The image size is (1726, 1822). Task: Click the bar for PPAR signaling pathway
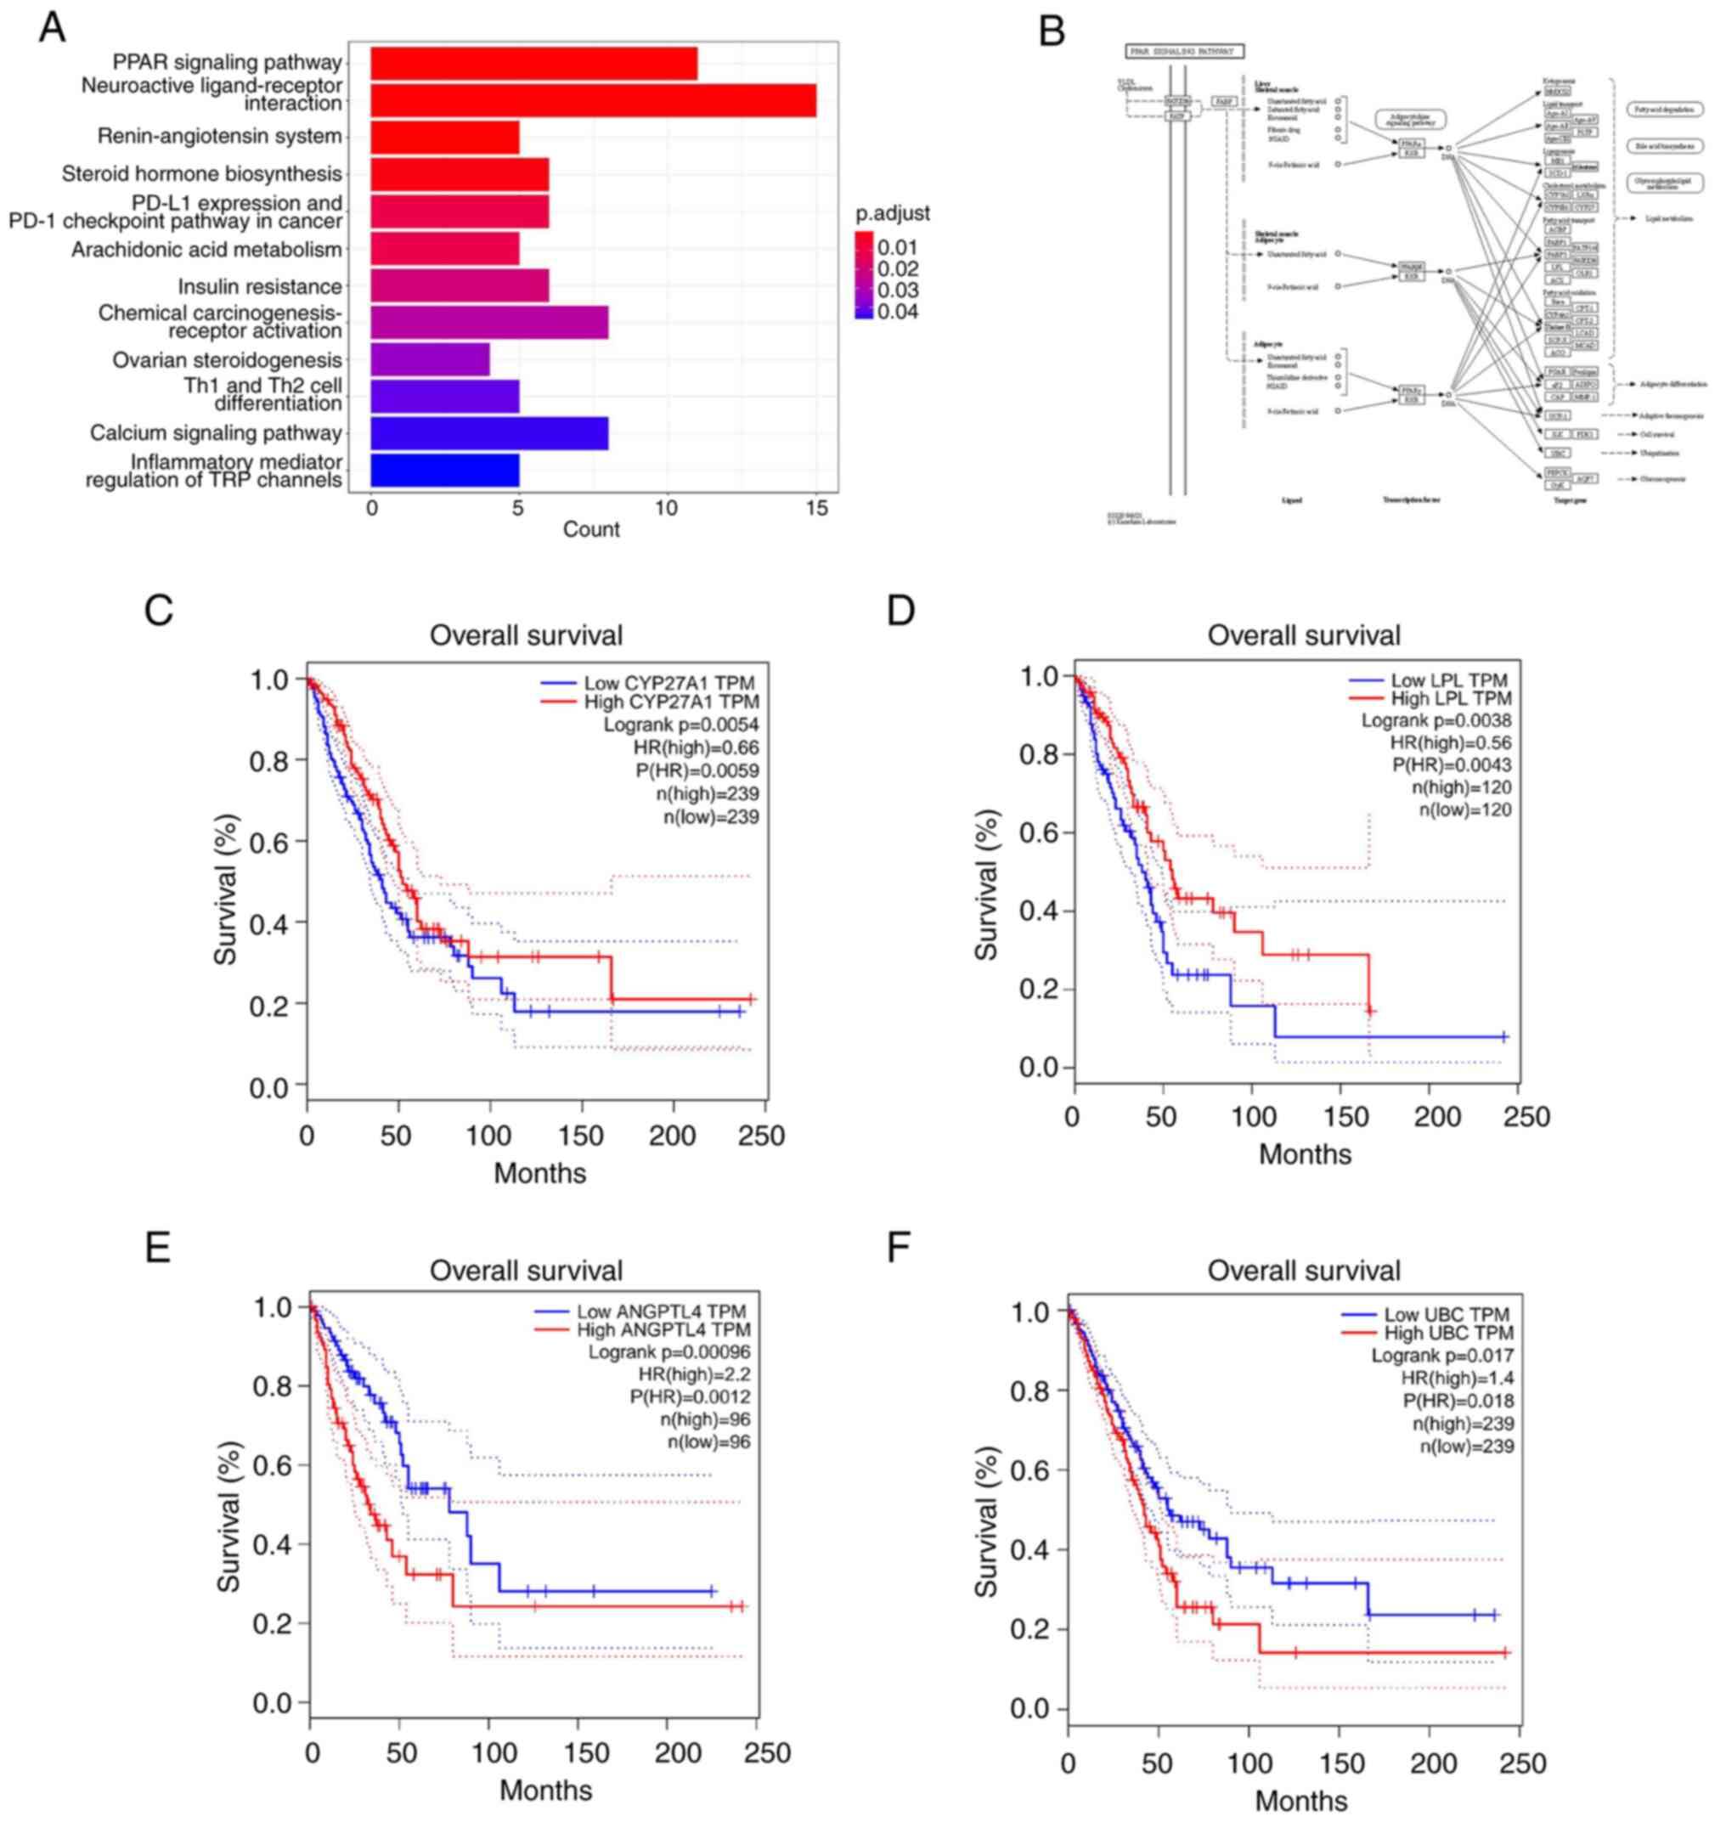pos(533,64)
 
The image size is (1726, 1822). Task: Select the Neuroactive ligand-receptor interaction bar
pos(593,100)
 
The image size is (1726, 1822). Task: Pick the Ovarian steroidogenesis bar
pos(430,358)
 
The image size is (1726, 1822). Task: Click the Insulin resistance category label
pos(259,287)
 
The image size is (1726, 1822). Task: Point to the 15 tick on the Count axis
pos(815,508)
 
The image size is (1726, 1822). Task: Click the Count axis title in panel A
pos(590,529)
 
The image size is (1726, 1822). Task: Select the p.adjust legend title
pos(892,212)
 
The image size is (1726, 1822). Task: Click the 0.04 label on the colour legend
pos(897,311)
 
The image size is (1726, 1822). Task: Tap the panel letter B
pos(1051,31)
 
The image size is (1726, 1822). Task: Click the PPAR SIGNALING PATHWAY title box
pos(1186,52)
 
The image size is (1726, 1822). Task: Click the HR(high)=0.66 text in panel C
pos(696,747)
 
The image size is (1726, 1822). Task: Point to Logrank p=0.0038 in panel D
pos(1436,720)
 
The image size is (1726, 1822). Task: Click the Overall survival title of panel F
pos(1303,1271)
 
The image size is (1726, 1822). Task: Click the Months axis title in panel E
pos(545,1790)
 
